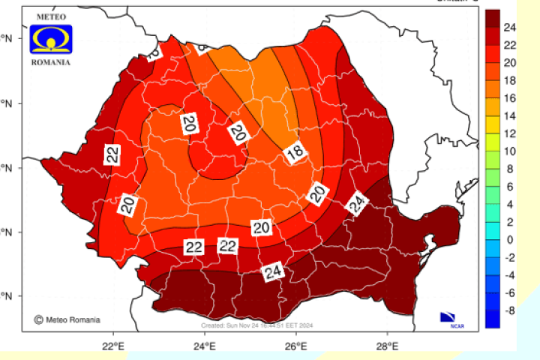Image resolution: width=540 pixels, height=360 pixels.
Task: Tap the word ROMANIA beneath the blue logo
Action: click(52, 62)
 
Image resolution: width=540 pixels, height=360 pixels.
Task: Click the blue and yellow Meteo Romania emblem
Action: click(51, 40)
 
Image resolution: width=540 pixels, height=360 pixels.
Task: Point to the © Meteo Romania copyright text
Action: click(67, 319)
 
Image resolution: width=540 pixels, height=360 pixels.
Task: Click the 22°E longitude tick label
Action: click(113, 346)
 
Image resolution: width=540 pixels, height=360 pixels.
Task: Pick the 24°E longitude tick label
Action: click(205, 346)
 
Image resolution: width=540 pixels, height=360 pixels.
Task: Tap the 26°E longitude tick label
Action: click(296, 346)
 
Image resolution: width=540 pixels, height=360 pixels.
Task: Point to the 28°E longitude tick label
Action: click(387, 346)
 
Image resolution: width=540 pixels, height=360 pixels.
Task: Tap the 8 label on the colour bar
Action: click(510, 169)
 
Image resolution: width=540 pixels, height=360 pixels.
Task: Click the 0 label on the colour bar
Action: click(510, 240)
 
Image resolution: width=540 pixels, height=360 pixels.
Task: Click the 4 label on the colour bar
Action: click(510, 204)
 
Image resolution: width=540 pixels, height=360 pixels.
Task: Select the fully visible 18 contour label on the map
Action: click(296, 154)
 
